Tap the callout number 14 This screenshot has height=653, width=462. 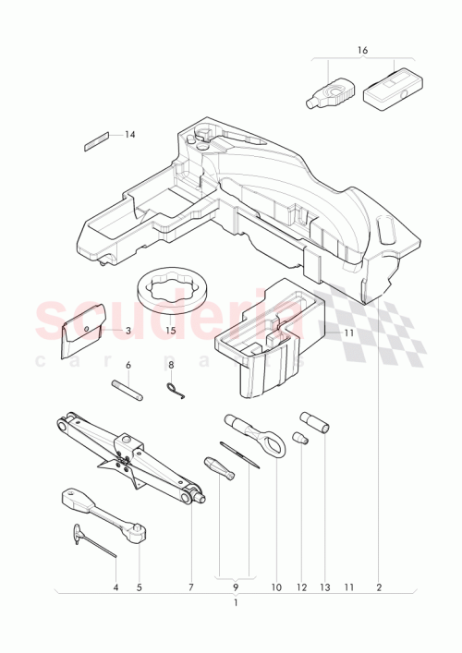point(129,135)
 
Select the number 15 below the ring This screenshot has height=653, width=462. point(170,331)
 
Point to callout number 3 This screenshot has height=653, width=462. point(128,331)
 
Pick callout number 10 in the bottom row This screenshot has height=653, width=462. point(274,586)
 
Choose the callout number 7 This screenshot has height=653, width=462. point(191,586)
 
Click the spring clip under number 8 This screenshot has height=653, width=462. point(176,392)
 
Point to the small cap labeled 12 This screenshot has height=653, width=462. point(299,438)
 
